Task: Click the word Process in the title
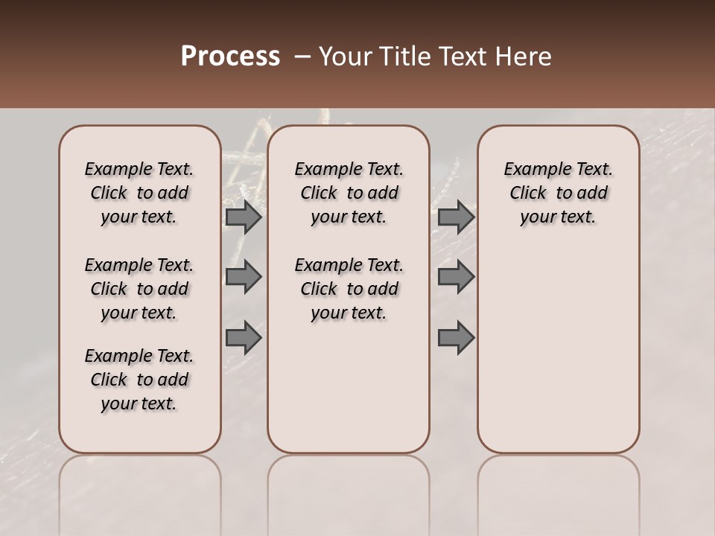pyautogui.click(x=230, y=57)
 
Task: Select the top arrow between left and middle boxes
pyautogui.click(x=244, y=217)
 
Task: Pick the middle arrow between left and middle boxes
pyautogui.click(x=244, y=277)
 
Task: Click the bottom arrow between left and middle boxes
pyautogui.click(x=244, y=339)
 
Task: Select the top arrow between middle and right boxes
pyautogui.click(x=456, y=217)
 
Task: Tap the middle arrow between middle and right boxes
pyautogui.click(x=456, y=277)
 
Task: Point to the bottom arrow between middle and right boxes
pyautogui.click(x=456, y=339)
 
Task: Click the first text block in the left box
pyautogui.click(x=139, y=193)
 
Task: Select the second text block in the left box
pyautogui.click(x=139, y=289)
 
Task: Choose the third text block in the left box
pyautogui.click(x=139, y=380)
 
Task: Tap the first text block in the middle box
pyautogui.click(x=349, y=193)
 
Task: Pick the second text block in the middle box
pyautogui.click(x=349, y=289)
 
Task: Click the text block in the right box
pyautogui.click(x=559, y=193)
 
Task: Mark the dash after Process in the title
pyautogui.click(x=302, y=57)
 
